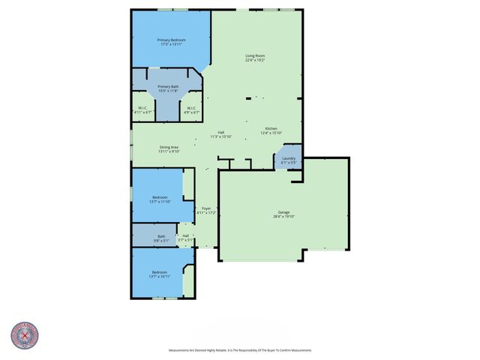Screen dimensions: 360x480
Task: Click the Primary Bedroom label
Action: click(171, 40)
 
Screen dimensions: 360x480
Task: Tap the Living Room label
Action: click(255, 55)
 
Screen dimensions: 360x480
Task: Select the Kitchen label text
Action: click(269, 128)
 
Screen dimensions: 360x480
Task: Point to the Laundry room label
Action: click(289, 157)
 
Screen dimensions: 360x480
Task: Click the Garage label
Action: click(284, 212)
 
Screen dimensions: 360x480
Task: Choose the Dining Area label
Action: click(169, 147)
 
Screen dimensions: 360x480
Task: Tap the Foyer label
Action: click(206, 208)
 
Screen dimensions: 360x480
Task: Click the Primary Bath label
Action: click(169, 87)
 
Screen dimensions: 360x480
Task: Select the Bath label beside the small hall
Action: click(161, 237)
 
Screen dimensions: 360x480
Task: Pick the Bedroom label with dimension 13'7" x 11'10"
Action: click(160, 196)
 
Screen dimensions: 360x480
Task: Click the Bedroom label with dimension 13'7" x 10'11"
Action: click(160, 271)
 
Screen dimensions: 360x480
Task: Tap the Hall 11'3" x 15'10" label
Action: click(220, 133)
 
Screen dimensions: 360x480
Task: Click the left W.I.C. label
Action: click(142, 108)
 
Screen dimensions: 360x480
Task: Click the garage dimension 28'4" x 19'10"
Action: click(284, 217)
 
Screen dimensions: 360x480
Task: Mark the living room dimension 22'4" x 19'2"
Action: click(255, 60)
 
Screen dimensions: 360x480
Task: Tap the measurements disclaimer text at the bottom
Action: click(239, 350)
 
